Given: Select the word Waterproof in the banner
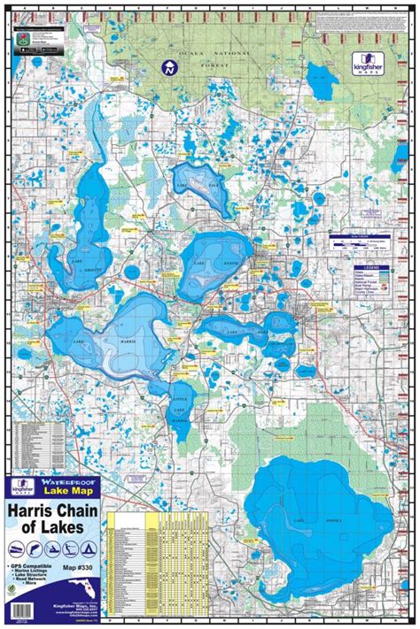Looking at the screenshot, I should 74,482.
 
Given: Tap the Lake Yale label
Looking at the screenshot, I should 196,185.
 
